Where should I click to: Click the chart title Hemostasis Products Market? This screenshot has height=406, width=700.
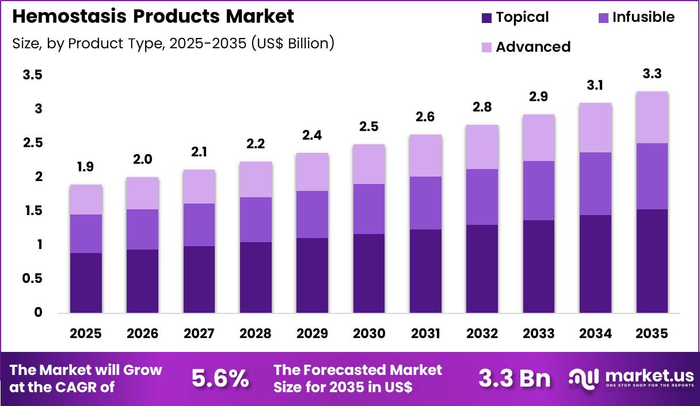coord(153,17)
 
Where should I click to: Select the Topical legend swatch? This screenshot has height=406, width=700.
coord(486,18)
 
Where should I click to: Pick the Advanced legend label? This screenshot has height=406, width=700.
coord(532,47)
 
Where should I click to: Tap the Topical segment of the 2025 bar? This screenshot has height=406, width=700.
coord(86,283)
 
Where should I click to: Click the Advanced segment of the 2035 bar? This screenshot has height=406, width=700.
coord(652,117)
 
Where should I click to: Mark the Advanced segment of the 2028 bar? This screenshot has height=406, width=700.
coord(256,179)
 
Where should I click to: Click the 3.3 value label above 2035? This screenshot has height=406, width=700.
coord(652,74)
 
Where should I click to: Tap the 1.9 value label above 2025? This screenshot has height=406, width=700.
coord(86,167)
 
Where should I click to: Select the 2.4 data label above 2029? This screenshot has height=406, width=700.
coord(313,135)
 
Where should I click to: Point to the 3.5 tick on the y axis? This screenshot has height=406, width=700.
coord(32,75)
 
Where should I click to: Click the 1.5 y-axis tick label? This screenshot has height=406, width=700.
coord(32,211)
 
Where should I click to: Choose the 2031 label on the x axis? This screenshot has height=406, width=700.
coord(426,334)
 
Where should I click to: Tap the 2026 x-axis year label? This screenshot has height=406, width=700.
coord(143,334)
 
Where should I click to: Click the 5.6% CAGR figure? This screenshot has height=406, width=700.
coord(220,378)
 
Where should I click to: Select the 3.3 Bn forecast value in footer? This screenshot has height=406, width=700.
coord(513,378)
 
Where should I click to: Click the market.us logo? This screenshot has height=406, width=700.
coord(631,378)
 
